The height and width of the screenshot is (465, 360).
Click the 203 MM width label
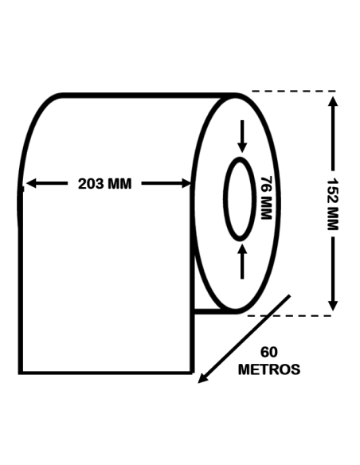(104, 184)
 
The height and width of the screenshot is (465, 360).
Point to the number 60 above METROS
(269, 352)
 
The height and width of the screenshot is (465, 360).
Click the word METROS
(269, 369)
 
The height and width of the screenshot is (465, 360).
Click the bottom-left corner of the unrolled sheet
(21, 372)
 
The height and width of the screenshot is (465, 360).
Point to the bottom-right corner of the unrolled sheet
(192, 372)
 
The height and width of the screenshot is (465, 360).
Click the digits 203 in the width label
(90, 184)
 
